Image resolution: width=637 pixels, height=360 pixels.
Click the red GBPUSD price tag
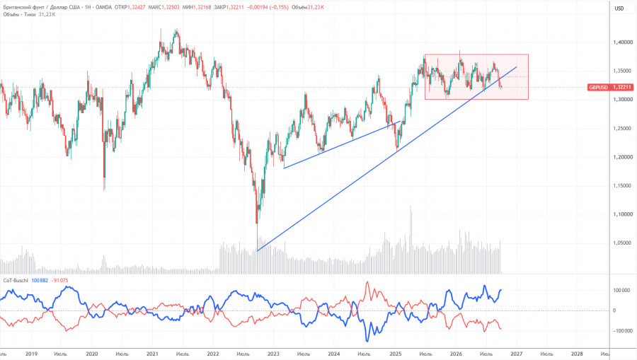[610, 87]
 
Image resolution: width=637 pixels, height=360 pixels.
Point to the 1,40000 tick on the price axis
[623, 42]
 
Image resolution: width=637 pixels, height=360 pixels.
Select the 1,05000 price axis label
[623, 243]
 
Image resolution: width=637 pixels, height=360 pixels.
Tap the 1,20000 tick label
[623, 157]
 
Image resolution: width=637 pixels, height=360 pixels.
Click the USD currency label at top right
[619, 8]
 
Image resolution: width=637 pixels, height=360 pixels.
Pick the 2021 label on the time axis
[152, 354]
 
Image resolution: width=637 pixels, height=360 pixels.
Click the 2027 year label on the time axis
[517, 354]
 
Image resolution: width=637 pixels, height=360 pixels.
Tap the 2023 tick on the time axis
[273, 354]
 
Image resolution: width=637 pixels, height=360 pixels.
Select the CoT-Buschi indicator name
[16, 281]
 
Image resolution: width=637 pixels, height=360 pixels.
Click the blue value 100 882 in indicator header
[40, 281]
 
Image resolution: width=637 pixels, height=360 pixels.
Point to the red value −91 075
[59, 281]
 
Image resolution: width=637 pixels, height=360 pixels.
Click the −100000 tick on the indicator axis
[622, 331]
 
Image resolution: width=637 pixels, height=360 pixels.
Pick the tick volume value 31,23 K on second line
[47, 15]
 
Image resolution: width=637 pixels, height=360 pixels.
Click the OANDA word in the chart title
[103, 7]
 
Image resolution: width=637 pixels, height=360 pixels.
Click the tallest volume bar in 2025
[411, 240]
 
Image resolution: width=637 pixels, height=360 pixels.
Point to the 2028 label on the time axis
[577, 354]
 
